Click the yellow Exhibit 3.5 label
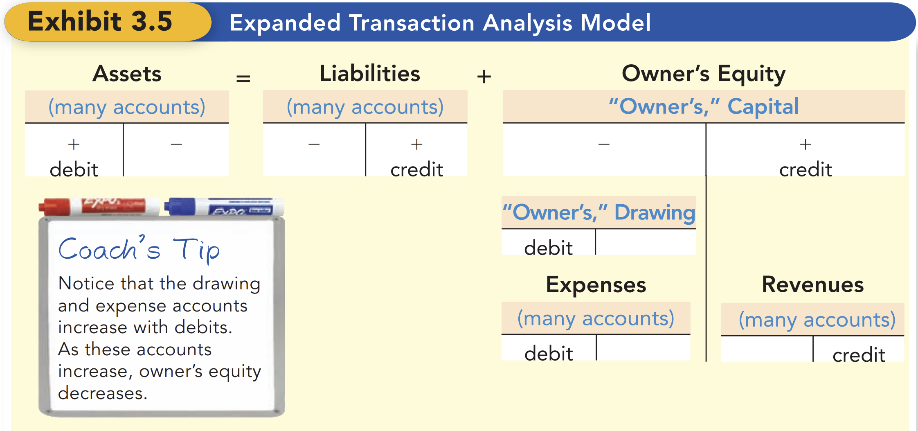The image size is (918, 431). [x=100, y=22]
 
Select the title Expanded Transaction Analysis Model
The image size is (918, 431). [x=440, y=23]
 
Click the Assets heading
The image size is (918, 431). [x=127, y=74]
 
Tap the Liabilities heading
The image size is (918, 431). [x=370, y=74]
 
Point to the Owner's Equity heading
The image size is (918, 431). [x=703, y=74]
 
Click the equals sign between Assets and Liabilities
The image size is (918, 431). [x=243, y=78]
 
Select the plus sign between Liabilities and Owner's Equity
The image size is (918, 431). [x=484, y=77]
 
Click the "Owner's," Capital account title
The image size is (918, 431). [x=703, y=107]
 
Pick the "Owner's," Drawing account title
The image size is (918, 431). [x=599, y=212]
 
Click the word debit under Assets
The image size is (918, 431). [x=74, y=169]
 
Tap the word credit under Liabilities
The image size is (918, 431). [x=416, y=169]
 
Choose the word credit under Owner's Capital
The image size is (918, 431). [x=805, y=169]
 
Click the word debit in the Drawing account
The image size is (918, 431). [x=548, y=248]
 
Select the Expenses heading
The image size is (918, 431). [x=596, y=284]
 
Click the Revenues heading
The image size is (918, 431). [x=812, y=284]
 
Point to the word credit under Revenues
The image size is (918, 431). [x=859, y=355]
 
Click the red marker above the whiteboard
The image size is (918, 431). [x=98, y=206]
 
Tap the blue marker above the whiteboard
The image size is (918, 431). [x=224, y=206]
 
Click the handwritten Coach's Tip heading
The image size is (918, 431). [x=139, y=249]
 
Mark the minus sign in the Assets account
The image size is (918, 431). [x=176, y=144]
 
